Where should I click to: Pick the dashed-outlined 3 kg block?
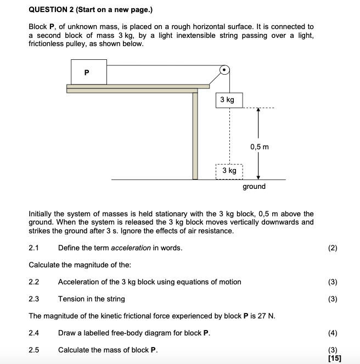[x=229, y=171]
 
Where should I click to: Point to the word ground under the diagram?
[x=254, y=187]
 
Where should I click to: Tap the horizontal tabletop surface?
[x=138, y=86]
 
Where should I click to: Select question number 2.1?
[x=34, y=248]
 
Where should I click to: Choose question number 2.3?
[x=34, y=299]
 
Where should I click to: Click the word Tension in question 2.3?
[x=71, y=299]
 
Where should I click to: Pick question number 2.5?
[x=34, y=350]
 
